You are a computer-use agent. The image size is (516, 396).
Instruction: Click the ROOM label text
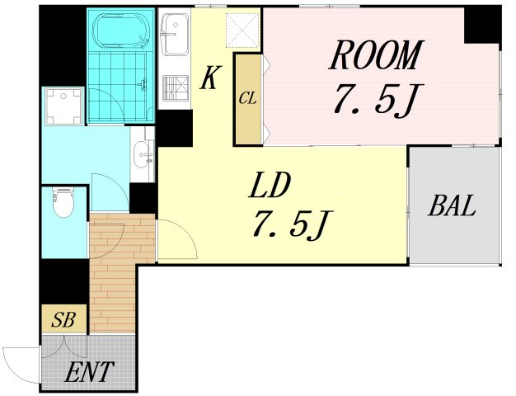point(377,54)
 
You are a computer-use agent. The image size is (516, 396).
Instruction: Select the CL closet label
point(248,98)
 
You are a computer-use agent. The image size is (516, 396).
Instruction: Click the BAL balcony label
point(452,205)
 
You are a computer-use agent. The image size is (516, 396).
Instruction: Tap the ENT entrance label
point(89,371)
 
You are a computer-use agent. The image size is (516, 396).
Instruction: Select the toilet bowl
point(63,202)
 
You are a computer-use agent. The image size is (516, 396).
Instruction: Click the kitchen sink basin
point(176,35)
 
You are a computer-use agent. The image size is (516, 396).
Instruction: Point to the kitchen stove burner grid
point(176,88)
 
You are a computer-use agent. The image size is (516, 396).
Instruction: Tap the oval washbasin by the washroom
point(143,155)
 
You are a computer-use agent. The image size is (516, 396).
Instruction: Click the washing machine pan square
point(63,106)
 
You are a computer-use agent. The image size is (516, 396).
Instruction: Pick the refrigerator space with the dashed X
point(243,31)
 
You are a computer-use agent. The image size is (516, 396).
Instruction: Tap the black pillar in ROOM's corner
point(482,25)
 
